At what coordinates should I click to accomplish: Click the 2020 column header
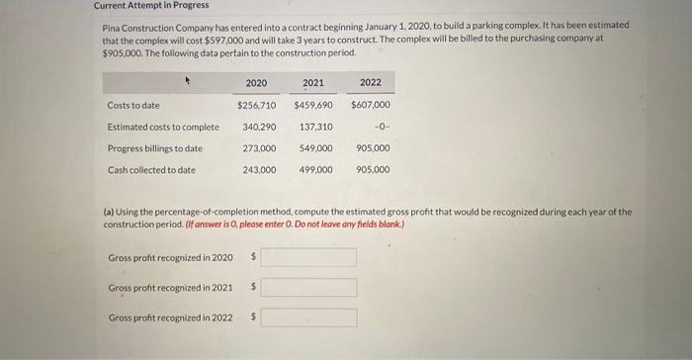[256, 82]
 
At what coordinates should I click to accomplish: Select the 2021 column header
[313, 82]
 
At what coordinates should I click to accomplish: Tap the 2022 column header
[371, 82]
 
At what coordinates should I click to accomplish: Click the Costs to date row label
[133, 105]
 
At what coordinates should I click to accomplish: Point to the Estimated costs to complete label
[163, 127]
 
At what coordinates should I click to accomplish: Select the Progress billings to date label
[155, 148]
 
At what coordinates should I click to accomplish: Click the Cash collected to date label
[151, 170]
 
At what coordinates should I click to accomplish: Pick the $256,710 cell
[256, 105]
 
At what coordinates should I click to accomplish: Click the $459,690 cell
[313, 105]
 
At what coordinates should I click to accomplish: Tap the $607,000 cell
[371, 105]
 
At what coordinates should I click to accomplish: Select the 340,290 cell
[259, 127]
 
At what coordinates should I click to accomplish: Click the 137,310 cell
[316, 127]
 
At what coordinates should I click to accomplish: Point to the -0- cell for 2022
[379, 127]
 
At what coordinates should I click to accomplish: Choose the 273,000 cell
[259, 148]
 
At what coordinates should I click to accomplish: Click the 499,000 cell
[316, 170]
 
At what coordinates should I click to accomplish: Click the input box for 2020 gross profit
[307, 257]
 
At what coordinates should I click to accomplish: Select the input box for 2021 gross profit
[307, 288]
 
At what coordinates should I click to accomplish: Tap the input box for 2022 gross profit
[307, 318]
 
